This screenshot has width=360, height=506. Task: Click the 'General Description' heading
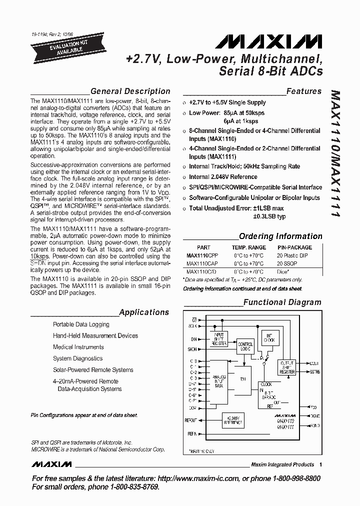click(130, 91)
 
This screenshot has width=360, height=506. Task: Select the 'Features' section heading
click(303, 91)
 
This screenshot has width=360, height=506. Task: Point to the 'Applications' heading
click(144, 312)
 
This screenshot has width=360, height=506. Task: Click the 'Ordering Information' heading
click(280, 236)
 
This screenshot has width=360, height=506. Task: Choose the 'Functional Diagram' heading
click(282, 302)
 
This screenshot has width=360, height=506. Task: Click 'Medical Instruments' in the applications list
click(78, 347)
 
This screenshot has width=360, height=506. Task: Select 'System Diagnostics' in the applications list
click(77, 358)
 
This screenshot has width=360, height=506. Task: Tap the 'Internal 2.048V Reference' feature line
click(223, 177)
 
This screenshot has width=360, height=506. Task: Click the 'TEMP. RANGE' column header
click(248, 247)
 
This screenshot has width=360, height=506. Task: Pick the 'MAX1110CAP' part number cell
click(202, 263)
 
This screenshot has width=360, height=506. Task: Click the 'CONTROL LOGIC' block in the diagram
click(245, 345)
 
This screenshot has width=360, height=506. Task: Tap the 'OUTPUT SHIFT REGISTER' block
click(287, 367)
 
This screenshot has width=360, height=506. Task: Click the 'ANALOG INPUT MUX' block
click(219, 382)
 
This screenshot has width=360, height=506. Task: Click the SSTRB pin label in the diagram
click(314, 372)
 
